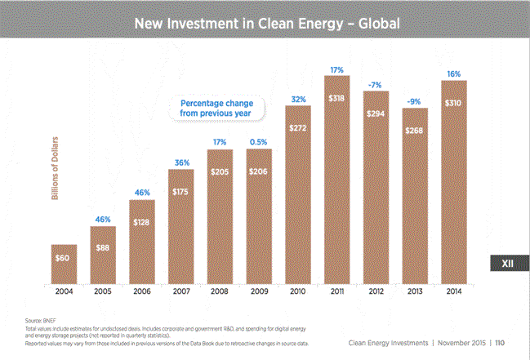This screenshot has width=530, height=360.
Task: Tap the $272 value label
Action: [299, 129]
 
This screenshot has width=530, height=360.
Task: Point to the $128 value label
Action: [142, 222]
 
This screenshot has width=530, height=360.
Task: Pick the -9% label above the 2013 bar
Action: [415, 102]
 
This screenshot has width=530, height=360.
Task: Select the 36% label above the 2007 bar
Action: [181, 162]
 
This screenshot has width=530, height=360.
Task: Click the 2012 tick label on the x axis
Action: [376, 292]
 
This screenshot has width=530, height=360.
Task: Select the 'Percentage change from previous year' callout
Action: [216, 109]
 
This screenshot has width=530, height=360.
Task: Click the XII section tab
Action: [507, 264]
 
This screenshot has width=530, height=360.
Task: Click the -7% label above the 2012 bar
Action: [376, 86]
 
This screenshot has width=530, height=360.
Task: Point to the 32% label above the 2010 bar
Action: [299, 100]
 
